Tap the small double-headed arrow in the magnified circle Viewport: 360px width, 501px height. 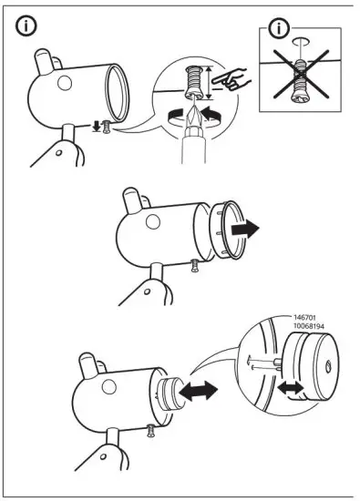tap(291, 386)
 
